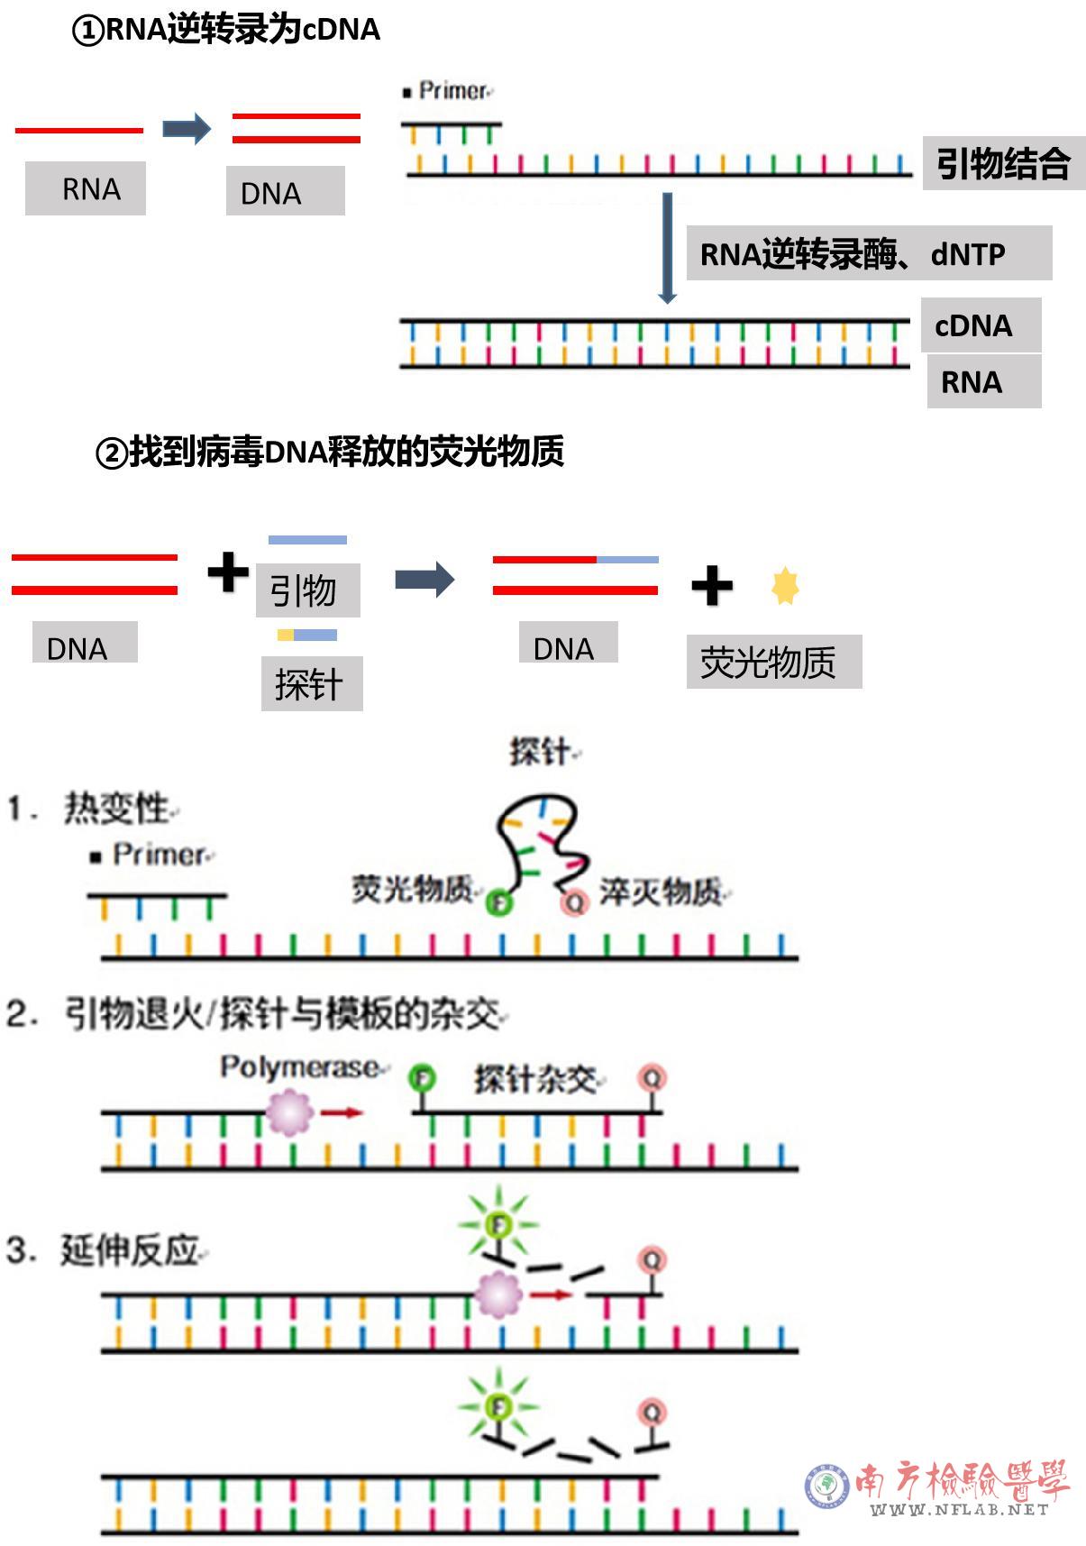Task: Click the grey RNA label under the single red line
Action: tap(86, 188)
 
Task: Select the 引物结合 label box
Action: tap(1003, 163)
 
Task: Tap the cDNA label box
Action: tap(980, 325)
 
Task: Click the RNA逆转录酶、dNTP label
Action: tap(869, 253)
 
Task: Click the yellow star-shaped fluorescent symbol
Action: tap(785, 586)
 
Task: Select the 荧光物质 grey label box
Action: tap(773, 662)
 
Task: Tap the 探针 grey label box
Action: tap(311, 683)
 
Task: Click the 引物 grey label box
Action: tap(307, 590)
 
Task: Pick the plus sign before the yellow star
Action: tap(712, 586)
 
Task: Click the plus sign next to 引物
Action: tap(228, 572)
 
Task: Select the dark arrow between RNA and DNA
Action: tap(187, 129)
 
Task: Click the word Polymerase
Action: tap(299, 1067)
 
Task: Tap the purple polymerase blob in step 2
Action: tap(290, 1112)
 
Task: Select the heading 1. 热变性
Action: tap(90, 808)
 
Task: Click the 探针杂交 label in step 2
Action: tap(535, 1079)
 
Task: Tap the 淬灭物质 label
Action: tap(661, 892)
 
